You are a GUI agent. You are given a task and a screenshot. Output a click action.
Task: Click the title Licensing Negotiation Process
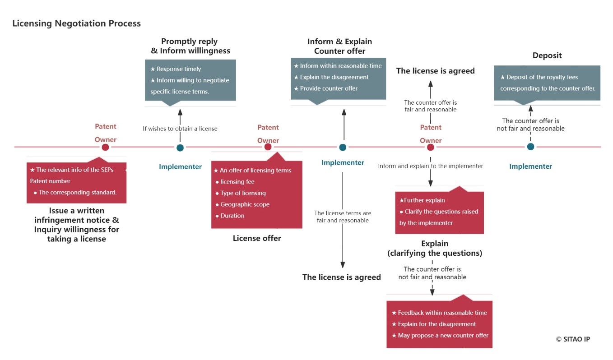point(76,23)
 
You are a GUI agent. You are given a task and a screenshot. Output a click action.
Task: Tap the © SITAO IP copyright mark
point(572,339)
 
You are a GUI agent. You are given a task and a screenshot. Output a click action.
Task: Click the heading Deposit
point(547,55)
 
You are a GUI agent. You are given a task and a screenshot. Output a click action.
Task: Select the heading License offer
point(257,238)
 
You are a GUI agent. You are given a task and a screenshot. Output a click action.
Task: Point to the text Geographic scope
point(245,204)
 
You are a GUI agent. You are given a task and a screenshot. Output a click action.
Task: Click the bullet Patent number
point(50,181)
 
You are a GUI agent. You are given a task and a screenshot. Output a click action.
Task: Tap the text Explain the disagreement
point(334,77)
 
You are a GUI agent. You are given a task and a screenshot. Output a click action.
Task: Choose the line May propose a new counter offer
point(443,335)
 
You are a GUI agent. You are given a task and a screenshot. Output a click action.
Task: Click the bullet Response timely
point(179,69)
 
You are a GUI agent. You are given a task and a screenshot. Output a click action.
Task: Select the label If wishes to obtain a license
point(180,129)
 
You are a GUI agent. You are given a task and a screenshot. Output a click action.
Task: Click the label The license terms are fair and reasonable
point(343,217)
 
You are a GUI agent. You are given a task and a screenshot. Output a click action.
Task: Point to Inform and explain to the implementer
point(431,166)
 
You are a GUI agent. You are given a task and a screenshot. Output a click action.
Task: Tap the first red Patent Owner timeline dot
point(105,147)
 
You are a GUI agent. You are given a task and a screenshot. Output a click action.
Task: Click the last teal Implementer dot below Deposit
point(530,147)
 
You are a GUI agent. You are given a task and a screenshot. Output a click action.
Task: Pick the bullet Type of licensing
point(243,193)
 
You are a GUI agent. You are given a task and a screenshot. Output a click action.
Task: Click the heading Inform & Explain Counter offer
point(340,46)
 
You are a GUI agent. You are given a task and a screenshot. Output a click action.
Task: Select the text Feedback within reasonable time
point(442,313)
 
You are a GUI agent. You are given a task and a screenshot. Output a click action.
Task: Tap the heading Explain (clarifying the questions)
point(435,249)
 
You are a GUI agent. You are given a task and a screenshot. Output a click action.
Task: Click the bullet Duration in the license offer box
point(232,216)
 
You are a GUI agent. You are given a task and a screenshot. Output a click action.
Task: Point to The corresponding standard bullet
point(77,192)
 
